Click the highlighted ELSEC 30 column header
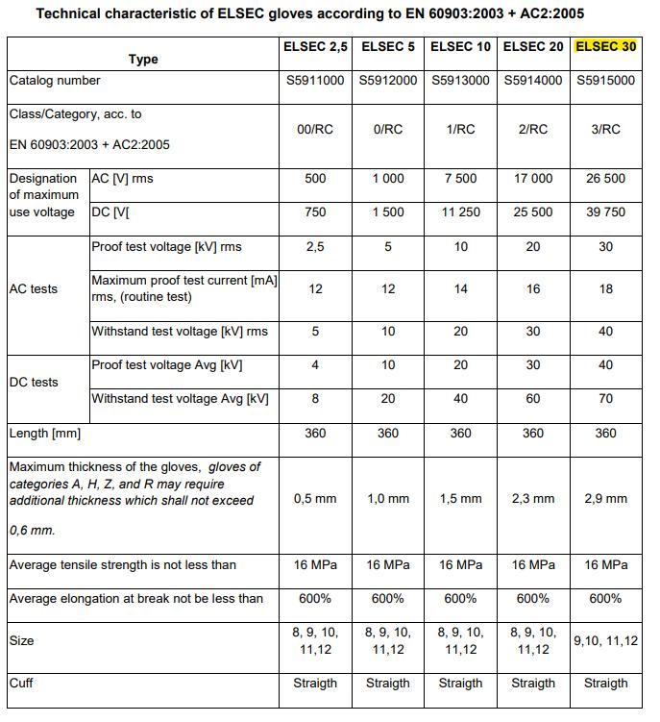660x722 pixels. coord(605,46)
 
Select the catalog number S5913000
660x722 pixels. coord(460,81)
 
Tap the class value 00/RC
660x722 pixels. coord(315,129)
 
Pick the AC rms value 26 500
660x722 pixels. coord(605,179)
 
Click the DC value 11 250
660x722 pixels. coord(460,212)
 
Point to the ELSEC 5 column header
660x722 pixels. coord(388,46)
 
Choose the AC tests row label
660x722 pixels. coord(33,289)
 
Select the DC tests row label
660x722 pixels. coord(33,382)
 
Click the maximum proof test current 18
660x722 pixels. coord(605,289)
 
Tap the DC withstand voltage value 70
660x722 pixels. coord(605,399)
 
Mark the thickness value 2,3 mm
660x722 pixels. coord(533,499)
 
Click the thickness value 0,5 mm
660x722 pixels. coord(315,499)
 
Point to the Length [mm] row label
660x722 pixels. coord(45,434)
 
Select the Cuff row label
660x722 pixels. coord(21,684)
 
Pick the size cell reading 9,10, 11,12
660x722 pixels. coord(605,641)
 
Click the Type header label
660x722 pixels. coord(143,59)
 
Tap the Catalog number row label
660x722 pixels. coord(56,81)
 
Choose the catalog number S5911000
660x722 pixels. coord(315,81)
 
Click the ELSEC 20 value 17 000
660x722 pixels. coord(533,179)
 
